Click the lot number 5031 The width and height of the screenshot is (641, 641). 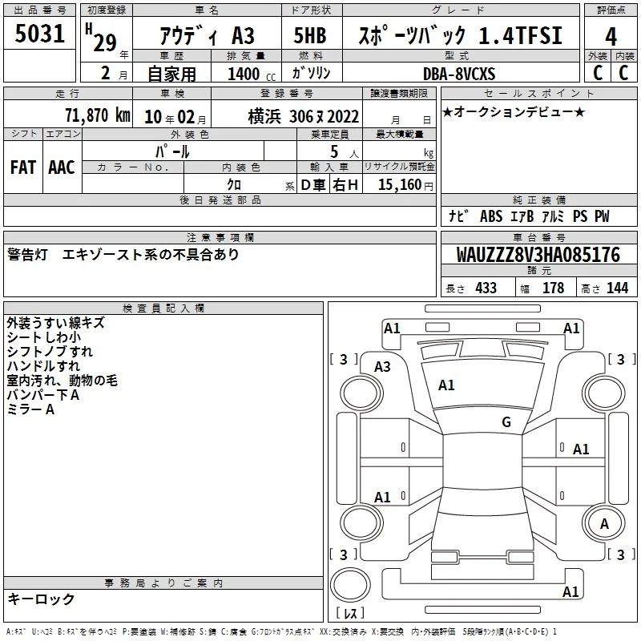(39, 34)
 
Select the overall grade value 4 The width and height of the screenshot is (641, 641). (611, 36)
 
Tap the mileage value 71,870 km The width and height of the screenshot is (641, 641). (98, 115)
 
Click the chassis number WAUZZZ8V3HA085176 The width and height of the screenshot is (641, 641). (538, 255)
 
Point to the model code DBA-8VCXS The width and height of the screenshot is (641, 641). (459, 74)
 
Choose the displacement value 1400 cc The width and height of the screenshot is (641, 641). (252, 75)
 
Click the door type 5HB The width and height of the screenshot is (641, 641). (310, 35)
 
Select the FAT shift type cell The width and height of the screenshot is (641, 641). (23, 167)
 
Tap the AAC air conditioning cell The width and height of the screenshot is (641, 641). (62, 167)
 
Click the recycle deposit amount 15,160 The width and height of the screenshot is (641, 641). (399, 185)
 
